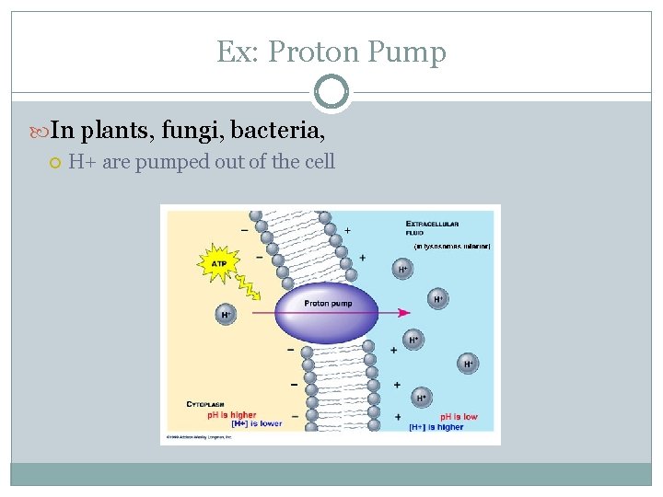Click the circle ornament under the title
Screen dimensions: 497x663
331,92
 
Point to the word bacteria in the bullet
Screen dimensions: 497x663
276,131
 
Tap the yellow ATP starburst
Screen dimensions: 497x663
218,264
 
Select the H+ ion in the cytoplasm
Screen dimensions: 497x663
225,315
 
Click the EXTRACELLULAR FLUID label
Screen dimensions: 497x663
432,228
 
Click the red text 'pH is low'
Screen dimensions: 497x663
458,417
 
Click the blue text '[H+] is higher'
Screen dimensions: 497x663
436,427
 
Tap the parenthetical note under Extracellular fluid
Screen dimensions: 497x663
451,247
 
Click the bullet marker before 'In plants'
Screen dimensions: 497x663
41,131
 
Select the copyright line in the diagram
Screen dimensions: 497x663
200,436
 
